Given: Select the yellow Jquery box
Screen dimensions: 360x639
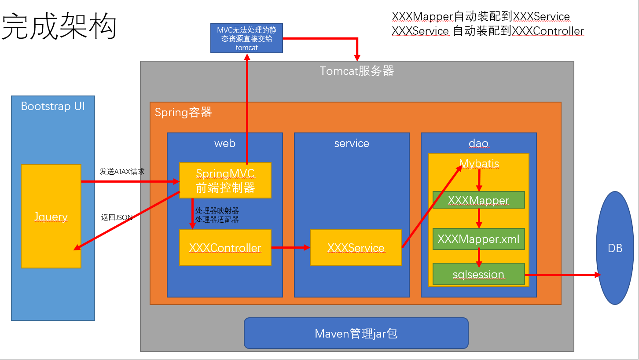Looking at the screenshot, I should click(x=51, y=216).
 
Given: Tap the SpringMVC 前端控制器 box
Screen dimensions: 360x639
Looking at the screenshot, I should click(x=225, y=180).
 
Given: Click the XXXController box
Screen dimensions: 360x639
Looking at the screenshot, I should click(x=225, y=248).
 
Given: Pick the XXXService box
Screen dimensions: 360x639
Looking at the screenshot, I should click(x=356, y=248).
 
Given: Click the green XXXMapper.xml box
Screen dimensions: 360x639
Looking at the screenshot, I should click(x=478, y=239).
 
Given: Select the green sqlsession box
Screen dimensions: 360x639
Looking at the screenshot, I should click(x=478, y=274).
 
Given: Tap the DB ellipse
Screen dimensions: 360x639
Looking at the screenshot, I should click(x=615, y=248).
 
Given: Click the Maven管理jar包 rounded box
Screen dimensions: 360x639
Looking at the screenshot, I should click(x=356, y=333).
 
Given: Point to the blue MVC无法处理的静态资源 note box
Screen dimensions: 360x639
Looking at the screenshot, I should click(x=246, y=38).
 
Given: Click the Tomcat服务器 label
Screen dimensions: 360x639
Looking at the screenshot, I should click(x=356, y=71).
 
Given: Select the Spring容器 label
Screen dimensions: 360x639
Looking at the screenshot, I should click(x=183, y=113).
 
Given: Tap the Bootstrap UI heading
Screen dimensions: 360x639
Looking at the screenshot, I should click(x=53, y=106).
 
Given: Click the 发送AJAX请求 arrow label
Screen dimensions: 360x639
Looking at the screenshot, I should click(x=122, y=172).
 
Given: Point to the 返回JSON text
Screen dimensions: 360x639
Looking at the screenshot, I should click(x=117, y=217).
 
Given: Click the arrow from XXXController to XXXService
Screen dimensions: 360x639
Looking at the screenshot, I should click(x=290, y=248).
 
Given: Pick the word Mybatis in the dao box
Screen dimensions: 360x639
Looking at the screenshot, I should click(x=479, y=163).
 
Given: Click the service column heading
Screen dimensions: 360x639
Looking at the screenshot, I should click(x=352, y=143).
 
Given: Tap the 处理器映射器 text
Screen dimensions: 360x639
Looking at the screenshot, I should click(x=217, y=211).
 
